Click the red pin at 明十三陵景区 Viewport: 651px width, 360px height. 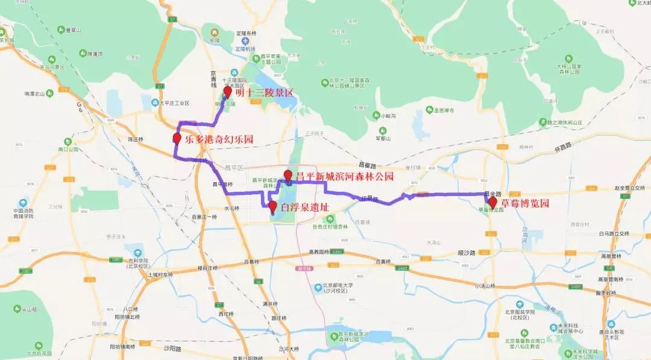[227, 91]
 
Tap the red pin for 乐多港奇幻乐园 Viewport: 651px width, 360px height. [177, 138]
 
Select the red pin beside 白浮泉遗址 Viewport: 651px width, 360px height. [272, 207]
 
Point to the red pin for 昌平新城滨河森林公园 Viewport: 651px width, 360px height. [288, 175]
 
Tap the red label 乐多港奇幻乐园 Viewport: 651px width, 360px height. [219, 139]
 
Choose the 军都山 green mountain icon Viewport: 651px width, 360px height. [382, 130]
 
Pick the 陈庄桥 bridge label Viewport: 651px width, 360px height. [136, 139]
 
